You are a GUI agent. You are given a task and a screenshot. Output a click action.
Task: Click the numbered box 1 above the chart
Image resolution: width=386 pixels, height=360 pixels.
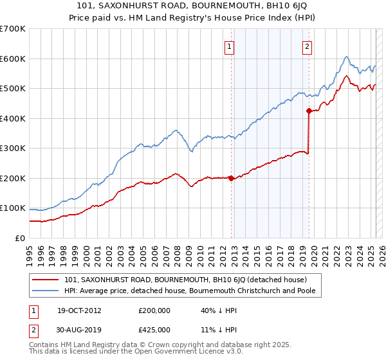pos(230,46)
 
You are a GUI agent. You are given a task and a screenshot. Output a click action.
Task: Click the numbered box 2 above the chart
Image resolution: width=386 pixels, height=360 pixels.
pos(308,46)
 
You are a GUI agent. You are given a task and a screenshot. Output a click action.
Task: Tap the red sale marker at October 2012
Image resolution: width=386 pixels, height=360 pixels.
pos(231,179)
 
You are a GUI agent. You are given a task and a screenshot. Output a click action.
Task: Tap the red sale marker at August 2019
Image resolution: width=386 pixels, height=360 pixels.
pos(309,111)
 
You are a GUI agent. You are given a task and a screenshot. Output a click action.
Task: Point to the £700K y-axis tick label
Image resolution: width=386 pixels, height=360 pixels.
pos(13,29)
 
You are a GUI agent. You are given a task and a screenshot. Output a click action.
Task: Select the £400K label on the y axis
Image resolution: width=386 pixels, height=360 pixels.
pos(13,118)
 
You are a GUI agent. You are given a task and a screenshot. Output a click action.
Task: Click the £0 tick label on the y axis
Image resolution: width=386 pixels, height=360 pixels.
pos(20,238)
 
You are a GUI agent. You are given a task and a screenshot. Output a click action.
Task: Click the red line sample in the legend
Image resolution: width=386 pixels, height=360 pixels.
pos(45,280)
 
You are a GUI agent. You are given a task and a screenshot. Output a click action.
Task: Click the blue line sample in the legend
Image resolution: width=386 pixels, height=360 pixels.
pos(45,291)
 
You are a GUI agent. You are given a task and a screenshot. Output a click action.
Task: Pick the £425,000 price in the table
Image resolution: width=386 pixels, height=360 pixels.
pos(154,329)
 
